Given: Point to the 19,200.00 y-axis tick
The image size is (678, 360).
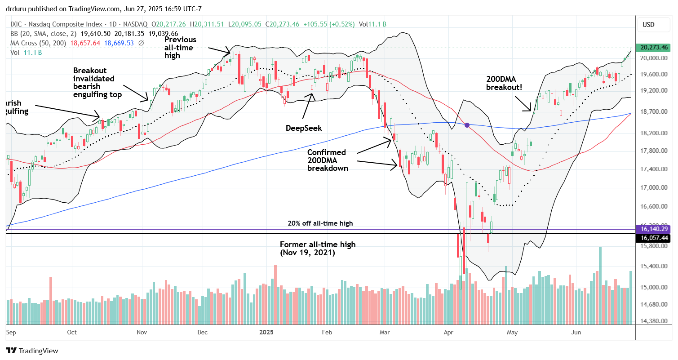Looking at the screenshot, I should [x=653, y=91].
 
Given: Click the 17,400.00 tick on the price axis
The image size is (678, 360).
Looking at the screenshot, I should [x=653, y=169].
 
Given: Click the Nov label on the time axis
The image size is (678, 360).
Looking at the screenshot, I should [x=142, y=333].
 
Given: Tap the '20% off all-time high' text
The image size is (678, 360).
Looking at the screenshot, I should [x=320, y=223].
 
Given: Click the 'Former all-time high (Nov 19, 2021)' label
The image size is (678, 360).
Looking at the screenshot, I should [x=318, y=249].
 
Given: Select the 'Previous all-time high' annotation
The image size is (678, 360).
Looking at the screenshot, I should [x=180, y=48].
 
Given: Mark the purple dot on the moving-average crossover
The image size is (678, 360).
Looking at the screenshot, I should [x=467, y=125].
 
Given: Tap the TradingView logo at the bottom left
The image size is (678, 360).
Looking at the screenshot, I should [x=32, y=351].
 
